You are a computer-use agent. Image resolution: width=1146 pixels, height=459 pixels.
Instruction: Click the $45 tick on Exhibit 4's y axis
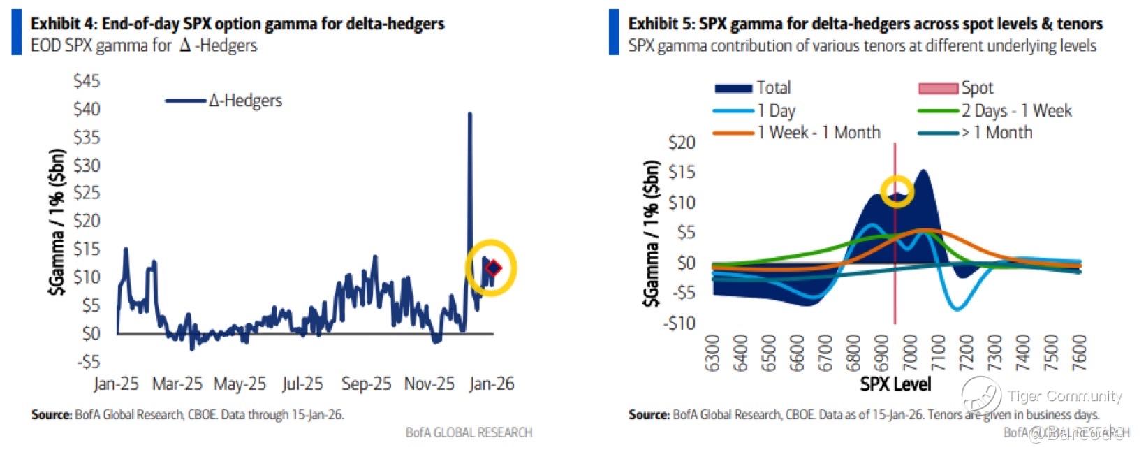coord(87,81)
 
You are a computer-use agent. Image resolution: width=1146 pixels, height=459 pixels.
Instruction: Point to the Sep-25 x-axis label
coord(365,384)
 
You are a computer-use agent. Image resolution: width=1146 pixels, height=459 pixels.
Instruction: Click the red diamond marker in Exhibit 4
coord(494,268)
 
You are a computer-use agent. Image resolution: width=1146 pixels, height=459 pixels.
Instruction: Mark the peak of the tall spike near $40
coord(469,114)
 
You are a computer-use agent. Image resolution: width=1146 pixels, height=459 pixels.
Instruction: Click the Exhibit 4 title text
coord(237,24)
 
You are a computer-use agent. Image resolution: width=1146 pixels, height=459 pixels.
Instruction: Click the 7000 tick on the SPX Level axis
coord(910,354)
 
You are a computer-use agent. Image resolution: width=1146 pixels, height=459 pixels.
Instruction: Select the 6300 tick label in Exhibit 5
coord(712,354)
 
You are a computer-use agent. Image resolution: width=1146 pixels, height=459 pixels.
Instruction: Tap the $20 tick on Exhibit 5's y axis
coord(682,143)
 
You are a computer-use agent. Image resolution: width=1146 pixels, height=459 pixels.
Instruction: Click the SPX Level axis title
coord(895,384)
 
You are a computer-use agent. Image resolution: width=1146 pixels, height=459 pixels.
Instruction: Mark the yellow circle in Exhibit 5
coord(897,191)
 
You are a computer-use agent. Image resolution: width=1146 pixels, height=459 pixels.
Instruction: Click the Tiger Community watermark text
coord(1064,396)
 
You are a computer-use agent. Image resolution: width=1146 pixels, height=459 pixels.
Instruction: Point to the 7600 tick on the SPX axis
coord(1079,354)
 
